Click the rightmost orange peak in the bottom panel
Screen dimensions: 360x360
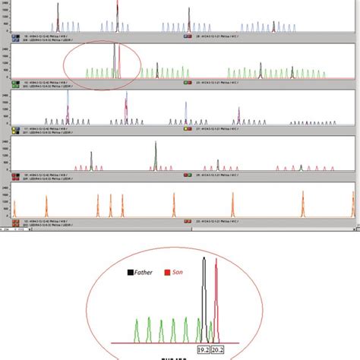pos(353,204)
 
